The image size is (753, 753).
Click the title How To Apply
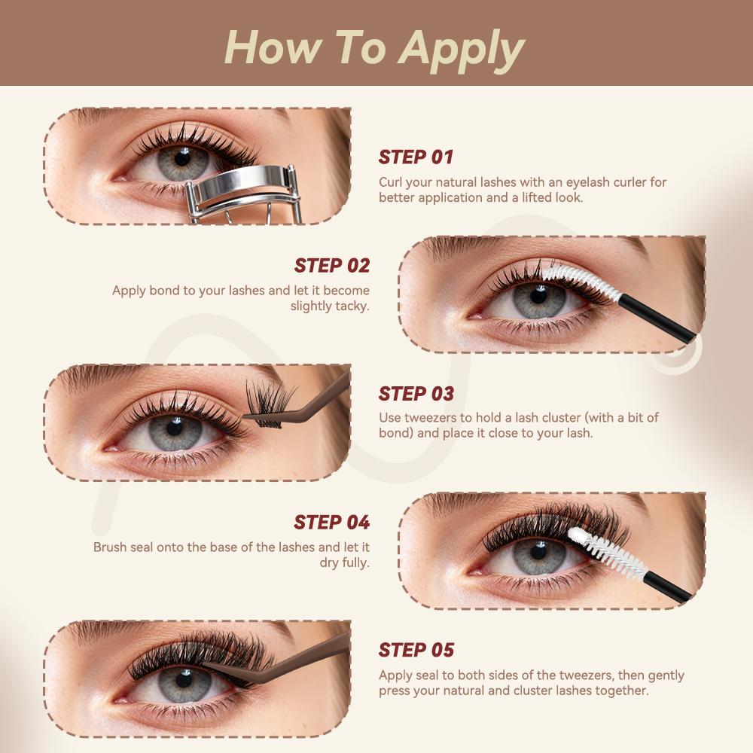tap(374, 47)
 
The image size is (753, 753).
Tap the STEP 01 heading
tap(416, 157)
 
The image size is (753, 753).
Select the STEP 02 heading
tap(332, 266)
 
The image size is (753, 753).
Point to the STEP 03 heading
tap(416, 394)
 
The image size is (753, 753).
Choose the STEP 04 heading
tap(332, 523)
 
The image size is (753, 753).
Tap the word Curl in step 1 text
tap(391, 182)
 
